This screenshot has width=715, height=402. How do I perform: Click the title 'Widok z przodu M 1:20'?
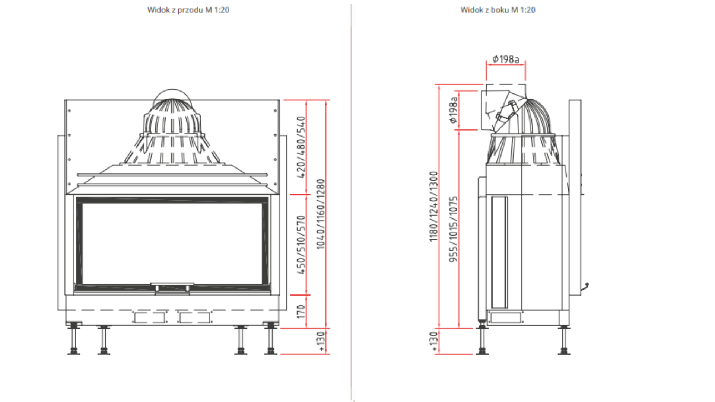188,10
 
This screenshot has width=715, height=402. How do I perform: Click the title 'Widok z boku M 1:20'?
498,10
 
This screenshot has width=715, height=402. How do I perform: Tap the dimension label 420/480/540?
301,147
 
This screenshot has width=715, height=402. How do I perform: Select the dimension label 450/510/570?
301,245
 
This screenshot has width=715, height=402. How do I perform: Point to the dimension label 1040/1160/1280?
321,214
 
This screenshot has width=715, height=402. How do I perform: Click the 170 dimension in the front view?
301,312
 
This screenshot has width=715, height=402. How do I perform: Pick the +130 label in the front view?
321,341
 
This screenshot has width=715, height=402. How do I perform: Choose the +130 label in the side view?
434,341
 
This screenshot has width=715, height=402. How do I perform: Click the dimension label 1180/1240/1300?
433,206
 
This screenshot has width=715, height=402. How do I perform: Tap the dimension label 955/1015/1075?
453,229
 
